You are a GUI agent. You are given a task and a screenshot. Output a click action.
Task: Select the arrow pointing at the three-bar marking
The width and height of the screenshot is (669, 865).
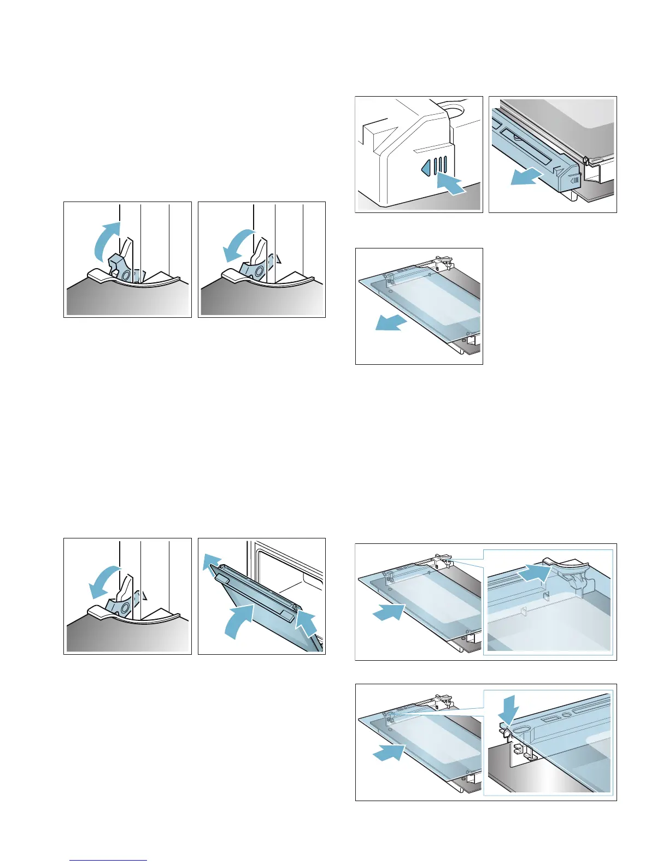pyautogui.click(x=453, y=184)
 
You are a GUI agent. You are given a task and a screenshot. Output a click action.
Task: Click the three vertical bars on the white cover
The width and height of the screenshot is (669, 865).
pyautogui.click(x=439, y=165)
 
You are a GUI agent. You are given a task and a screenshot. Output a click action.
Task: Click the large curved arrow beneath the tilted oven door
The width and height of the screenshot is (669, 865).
pyautogui.click(x=239, y=619)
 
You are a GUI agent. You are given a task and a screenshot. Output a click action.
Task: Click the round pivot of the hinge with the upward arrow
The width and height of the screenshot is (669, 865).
pyautogui.click(x=127, y=274)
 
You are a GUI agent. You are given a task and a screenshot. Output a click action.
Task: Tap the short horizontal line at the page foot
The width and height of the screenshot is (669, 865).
pyautogui.click(x=108, y=861)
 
